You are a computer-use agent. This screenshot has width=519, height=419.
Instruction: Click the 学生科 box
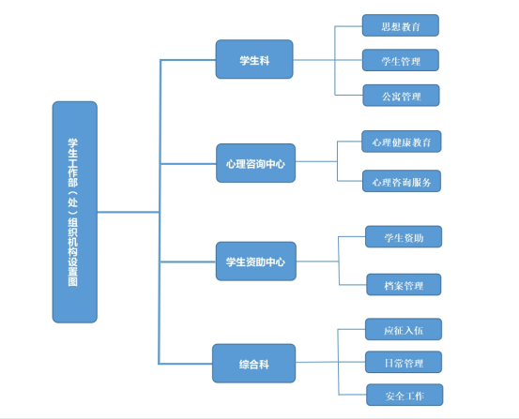pyautogui.click(x=254, y=59)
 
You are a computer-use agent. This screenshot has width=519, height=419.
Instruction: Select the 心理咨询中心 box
pyautogui.click(x=255, y=163)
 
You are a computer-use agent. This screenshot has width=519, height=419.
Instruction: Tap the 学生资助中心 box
pyautogui.click(x=256, y=262)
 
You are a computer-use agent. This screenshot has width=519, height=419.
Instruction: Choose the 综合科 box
pyautogui.click(x=254, y=364)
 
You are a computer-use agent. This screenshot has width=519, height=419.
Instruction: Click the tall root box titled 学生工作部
pyautogui.click(x=75, y=212)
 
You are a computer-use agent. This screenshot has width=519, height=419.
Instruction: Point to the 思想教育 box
pyautogui.click(x=401, y=25)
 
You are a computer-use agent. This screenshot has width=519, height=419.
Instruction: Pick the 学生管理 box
pyautogui.click(x=401, y=60)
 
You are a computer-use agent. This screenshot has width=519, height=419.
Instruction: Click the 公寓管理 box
pyautogui.click(x=401, y=96)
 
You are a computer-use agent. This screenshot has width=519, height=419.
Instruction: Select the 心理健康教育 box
pyautogui.click(x=401, y=142)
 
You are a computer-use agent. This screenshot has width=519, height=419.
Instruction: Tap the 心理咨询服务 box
pyautogui.click(x=402, y=181)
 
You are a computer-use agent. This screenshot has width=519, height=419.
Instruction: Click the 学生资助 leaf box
pyautogui.click(x=404, y=236)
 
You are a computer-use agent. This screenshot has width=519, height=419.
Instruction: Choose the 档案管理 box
pyautogui.click(x=404, y=284)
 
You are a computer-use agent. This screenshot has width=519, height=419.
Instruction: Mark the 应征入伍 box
pyautogui.click(x=404, y=329)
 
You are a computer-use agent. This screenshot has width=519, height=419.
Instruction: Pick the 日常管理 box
pyautogui.click(x=404, y=362)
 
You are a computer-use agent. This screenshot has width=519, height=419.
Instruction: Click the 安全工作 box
pyautogui.click(x=405, y=395)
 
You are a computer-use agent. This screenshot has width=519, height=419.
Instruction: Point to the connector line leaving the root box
pyautogui.click(x=128, y=212)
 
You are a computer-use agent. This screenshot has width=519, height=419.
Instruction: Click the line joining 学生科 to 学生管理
pyautogui.click(x=328, y=60)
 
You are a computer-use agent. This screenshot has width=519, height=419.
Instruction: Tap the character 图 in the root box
pyautogui.click(x=73, y=281)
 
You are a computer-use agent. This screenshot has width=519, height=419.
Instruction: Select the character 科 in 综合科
pyautogui.click(x=264, y=365)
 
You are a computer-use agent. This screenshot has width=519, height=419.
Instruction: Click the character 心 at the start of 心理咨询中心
pyautogui.click(x=231, y=164)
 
